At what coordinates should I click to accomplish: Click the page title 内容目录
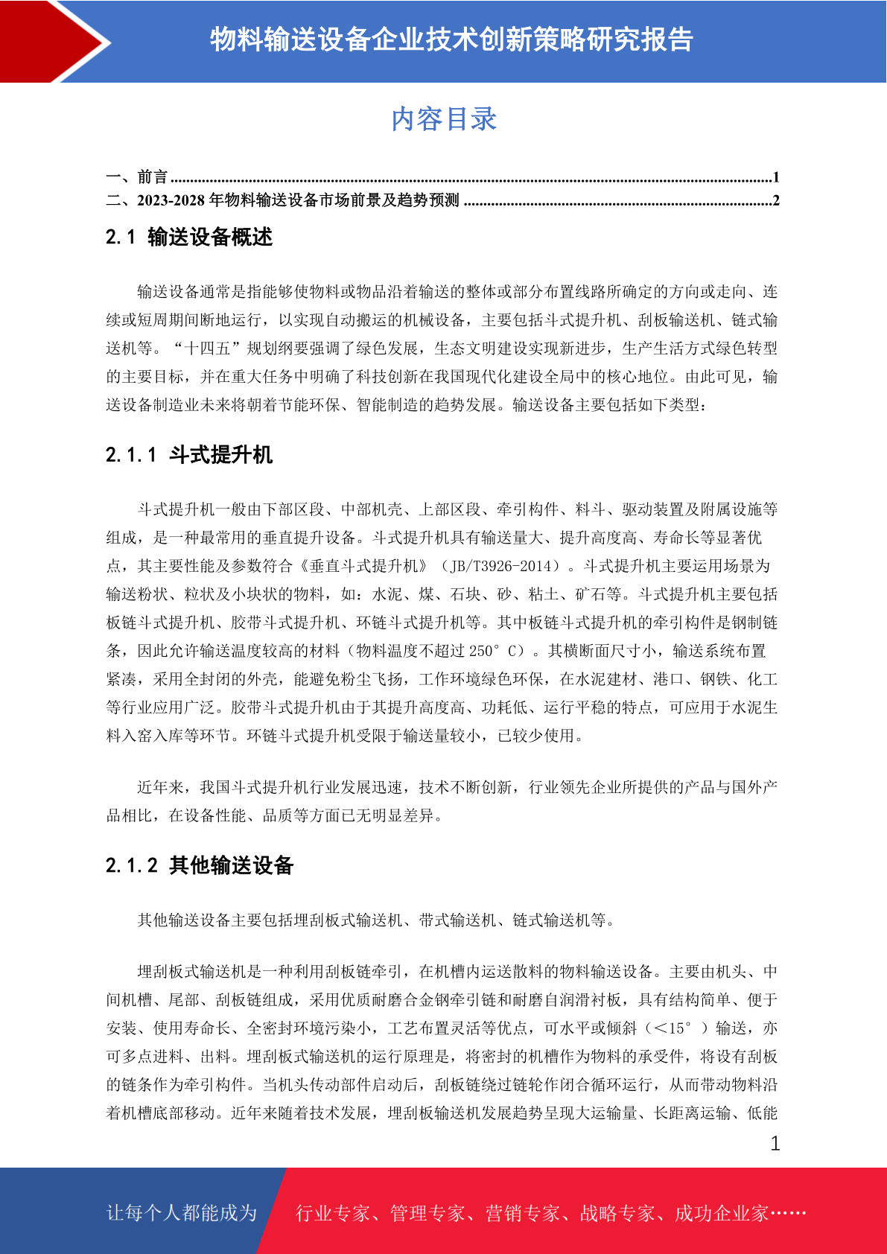[x=444, y=119]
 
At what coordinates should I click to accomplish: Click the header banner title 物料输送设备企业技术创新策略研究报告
[x=451, y=39]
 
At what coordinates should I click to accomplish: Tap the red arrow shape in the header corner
[x=52, y=41]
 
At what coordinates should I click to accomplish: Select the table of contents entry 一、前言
[x=137, y=177]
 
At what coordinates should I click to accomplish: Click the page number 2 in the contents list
[x=775, y=200]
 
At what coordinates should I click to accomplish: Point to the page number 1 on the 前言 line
[x=775, y=177]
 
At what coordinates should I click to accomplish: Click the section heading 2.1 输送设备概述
[x=189, y=238]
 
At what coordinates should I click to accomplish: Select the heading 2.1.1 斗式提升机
[x=189, y=455]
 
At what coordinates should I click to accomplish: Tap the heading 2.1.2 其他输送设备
[x=200, y=865]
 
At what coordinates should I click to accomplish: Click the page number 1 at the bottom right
[x=775, y=1144]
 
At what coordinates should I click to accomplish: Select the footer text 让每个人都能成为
[x=182, y=1213]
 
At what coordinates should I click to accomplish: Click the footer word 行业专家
[x=333, y=1214]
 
